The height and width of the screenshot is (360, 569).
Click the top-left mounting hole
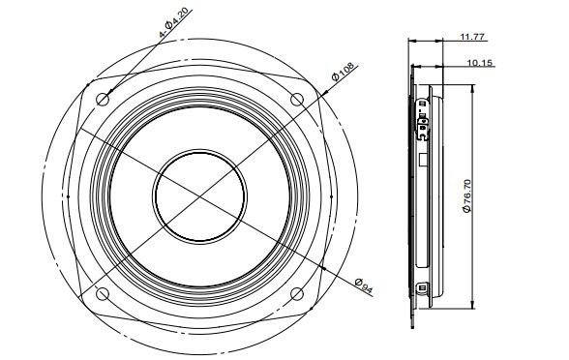pos(103,99)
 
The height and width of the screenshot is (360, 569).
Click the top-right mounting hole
pos(297,99)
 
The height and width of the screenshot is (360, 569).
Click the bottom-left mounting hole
pos(103,293)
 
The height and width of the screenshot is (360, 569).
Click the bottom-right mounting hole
pos(297,293)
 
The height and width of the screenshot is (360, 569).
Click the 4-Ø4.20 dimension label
pos(173,23)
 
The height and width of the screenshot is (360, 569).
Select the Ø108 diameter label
pos(343,72)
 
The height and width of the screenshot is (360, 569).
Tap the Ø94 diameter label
pos(364,285)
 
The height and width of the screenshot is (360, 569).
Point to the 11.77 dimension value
pos(472,37)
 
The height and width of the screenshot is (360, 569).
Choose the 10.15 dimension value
pos(479,63)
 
